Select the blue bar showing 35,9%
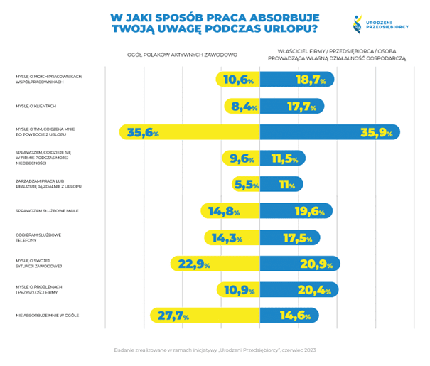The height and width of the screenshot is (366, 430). pyautogui.click(x=330, y=132)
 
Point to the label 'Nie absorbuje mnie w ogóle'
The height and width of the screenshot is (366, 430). pyautogui.click(x=47, y=316)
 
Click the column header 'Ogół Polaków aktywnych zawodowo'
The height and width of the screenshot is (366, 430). pyautogui.click(x=182, y=55)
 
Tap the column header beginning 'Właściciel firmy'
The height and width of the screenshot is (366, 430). pyautogui.click(x=340, y=55)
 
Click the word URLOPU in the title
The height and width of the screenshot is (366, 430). pyautogui.click(x=285, y=29)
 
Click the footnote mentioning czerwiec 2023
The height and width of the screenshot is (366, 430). pyautogui.click(x=214, y=350)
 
